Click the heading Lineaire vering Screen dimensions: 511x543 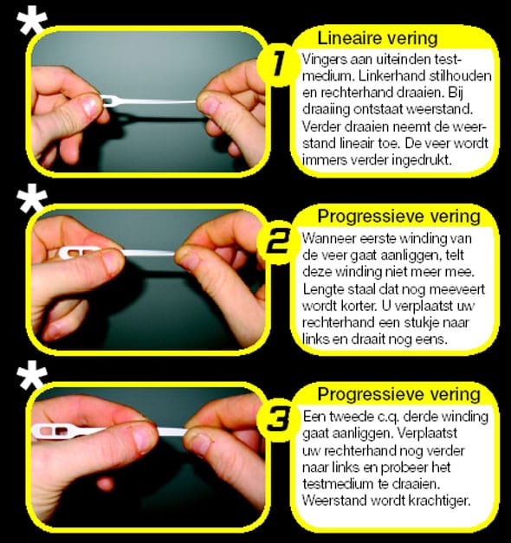tap(378, 38)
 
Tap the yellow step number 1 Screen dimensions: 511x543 tap(278, 64)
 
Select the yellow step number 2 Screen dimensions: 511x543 tap(278, 242)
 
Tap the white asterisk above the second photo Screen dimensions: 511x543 tap(32, 198)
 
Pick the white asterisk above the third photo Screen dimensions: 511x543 tap(32, 375)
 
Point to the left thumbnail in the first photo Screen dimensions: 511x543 tap(91, 106)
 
